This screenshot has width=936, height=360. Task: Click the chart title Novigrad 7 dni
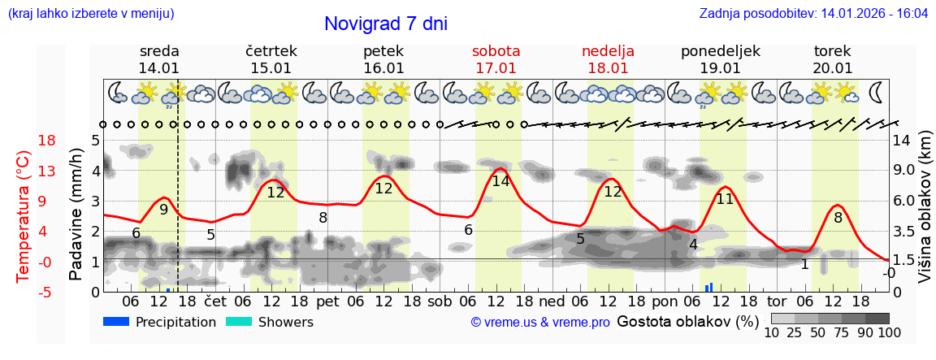(385, 24)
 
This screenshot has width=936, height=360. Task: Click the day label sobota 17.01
(496, 59)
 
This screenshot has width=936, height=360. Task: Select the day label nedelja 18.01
(608, 59)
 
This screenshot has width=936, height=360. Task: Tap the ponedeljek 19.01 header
(720, 59)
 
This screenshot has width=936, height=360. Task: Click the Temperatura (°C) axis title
(23, 215)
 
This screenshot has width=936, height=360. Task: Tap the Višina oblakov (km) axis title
(925, 208)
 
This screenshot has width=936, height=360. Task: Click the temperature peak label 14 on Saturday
(500, 181)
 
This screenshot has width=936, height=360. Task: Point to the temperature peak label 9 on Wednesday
(163, 209)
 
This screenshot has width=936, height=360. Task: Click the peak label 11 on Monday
(725, 198)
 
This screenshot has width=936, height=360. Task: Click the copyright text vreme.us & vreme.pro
(540, 322)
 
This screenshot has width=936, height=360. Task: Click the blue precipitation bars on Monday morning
(709, 287)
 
